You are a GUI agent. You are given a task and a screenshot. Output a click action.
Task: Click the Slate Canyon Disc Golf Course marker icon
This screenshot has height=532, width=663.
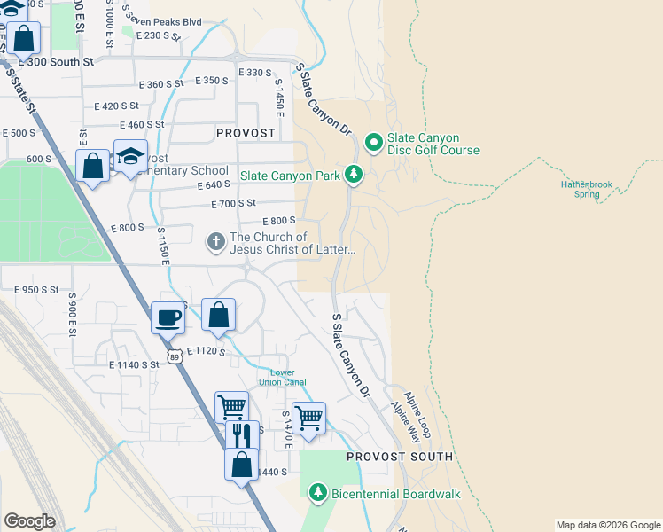[x=373, y=141]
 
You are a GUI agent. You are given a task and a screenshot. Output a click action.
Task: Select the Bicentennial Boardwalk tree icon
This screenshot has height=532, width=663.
[x=317, y=492]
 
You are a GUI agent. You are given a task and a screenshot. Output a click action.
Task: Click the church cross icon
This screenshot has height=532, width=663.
[x=215, y=241]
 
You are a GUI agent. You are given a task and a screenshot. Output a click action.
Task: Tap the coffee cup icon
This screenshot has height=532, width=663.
[x=167, y=317]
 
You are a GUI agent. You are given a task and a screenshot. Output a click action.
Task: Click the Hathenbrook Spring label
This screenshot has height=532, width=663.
[x=586, y=189]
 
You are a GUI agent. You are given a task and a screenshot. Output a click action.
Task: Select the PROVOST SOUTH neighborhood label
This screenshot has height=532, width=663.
[x=399, y=457]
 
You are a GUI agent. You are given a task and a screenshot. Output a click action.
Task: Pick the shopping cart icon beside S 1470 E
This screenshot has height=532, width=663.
[x=308, y=416]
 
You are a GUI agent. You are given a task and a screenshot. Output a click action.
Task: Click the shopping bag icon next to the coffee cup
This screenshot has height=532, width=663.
[x=218, y=314]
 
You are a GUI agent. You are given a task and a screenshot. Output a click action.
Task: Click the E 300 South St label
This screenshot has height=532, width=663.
[x=58, y=62]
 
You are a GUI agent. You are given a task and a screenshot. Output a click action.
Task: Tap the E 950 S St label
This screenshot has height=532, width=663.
[x=35, y=290]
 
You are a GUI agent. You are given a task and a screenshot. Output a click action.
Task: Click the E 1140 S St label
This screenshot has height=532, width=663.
[x=134, y=364]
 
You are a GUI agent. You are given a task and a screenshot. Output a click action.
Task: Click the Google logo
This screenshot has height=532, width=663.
[x=29, y=521]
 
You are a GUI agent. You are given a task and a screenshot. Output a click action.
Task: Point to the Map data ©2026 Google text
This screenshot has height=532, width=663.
[x=607, y=525]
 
